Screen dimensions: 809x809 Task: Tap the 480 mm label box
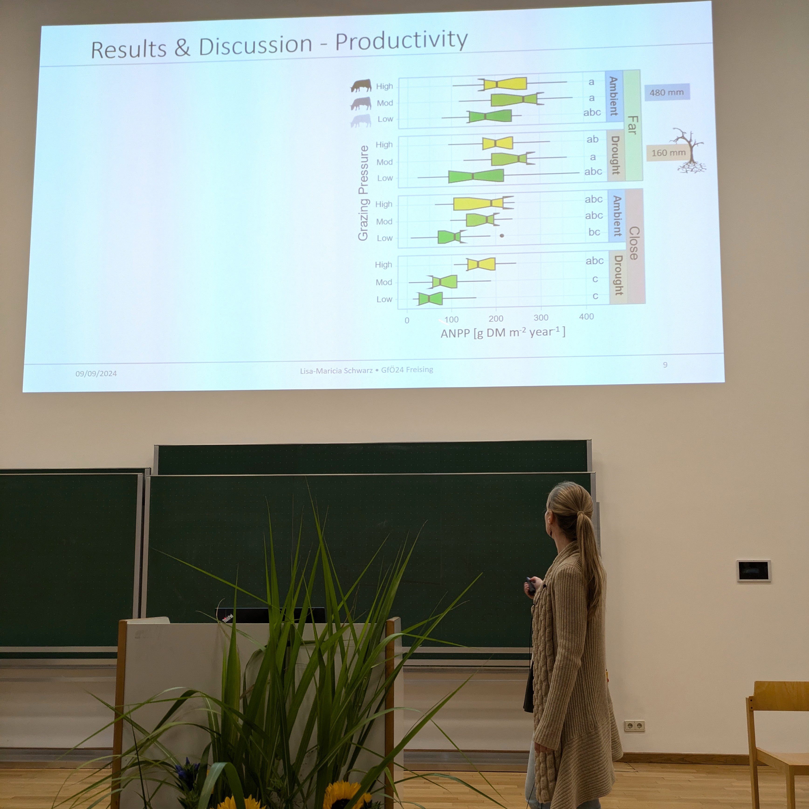(x=667, y=92)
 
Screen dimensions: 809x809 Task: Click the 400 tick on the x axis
(x=586, y=317)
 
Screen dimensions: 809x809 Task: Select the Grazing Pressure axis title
(x=363, y=193)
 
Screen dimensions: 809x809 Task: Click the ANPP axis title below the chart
(x=503, y=333)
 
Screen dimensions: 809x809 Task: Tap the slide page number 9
(x=665, y=365)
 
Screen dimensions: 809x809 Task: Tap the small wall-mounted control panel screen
(x=753, y=570)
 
